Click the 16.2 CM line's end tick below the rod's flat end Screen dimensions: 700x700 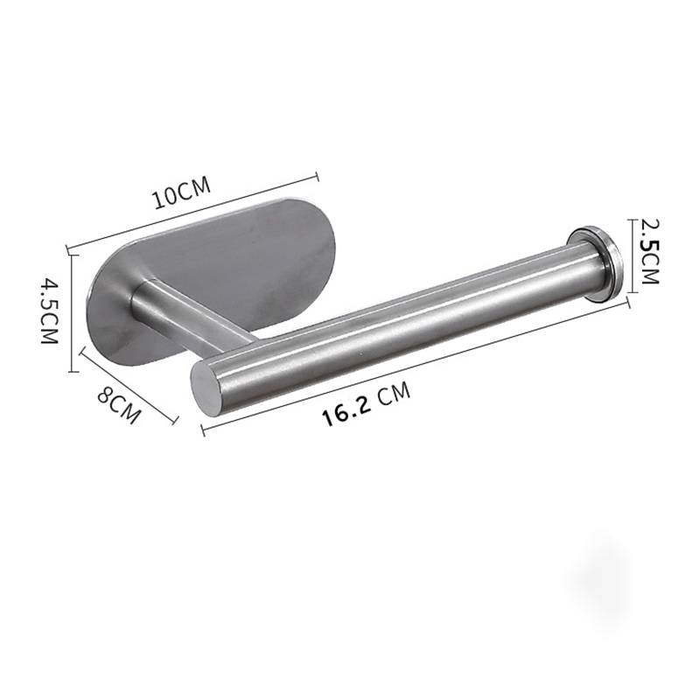coord(202,430)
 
